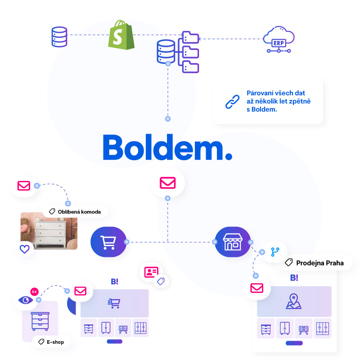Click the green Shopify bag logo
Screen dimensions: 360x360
pos(121,35)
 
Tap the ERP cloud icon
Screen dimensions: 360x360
pos(279,39)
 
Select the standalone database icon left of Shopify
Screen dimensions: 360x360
pos(59,37)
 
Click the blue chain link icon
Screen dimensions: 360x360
pos(232,102)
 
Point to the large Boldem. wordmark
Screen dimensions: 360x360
pos(167,147)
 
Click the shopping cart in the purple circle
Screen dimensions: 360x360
pos(108,242)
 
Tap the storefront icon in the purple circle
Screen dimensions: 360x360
pos(232,242)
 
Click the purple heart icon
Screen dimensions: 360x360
pos(25,249)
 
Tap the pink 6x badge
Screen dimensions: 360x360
pos(35,292)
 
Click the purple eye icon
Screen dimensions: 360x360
pos(26,300)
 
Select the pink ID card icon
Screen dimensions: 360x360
pos(151,272)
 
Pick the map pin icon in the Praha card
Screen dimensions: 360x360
pos(293,301)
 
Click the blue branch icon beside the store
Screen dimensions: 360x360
pos(275,252)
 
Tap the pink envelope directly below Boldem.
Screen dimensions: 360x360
pos(167,183)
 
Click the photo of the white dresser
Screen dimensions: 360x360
pos(49,231)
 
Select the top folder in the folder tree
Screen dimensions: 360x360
pos(190,37)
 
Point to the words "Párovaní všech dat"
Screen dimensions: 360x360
pos(276,93)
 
